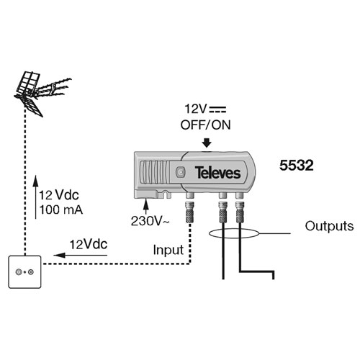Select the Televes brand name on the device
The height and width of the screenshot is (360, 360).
[217, 173]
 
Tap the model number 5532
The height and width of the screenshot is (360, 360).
[297, 166]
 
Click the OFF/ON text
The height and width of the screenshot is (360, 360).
[205, 125]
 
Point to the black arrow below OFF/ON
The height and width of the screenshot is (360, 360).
[207, 143]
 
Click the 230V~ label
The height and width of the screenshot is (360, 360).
[150, 221]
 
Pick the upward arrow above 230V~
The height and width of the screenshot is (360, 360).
[145, 207]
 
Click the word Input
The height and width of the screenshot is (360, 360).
[168, 250]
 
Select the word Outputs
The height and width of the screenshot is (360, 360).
[329, 226]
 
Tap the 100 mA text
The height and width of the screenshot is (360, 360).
[61, 210]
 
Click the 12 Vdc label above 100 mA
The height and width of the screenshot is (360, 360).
[59, 195]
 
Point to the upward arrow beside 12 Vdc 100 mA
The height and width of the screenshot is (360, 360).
[35, 197]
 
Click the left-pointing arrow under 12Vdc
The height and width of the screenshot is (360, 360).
[80, 255]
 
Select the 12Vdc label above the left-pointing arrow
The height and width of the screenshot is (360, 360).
[89, 245]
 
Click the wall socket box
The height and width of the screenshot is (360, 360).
[24, 272]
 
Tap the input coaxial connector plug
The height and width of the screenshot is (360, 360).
[190, 212]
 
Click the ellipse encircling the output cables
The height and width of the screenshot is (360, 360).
[234, 233]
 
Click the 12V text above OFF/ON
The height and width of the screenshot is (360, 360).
[196, 109]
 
